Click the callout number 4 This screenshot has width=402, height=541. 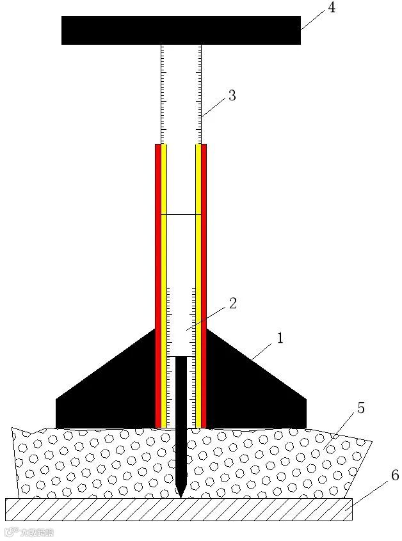[x=331, y=8]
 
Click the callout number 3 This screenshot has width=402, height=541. [x=232, y=96]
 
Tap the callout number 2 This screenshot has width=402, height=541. [x=232, y=304]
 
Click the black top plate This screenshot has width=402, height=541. [x=181, y=30]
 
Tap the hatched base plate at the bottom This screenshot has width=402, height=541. [x=179, y=509]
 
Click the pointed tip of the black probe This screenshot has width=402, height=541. [x=181, y=494]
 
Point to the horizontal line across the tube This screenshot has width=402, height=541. [x=181, y=215]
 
